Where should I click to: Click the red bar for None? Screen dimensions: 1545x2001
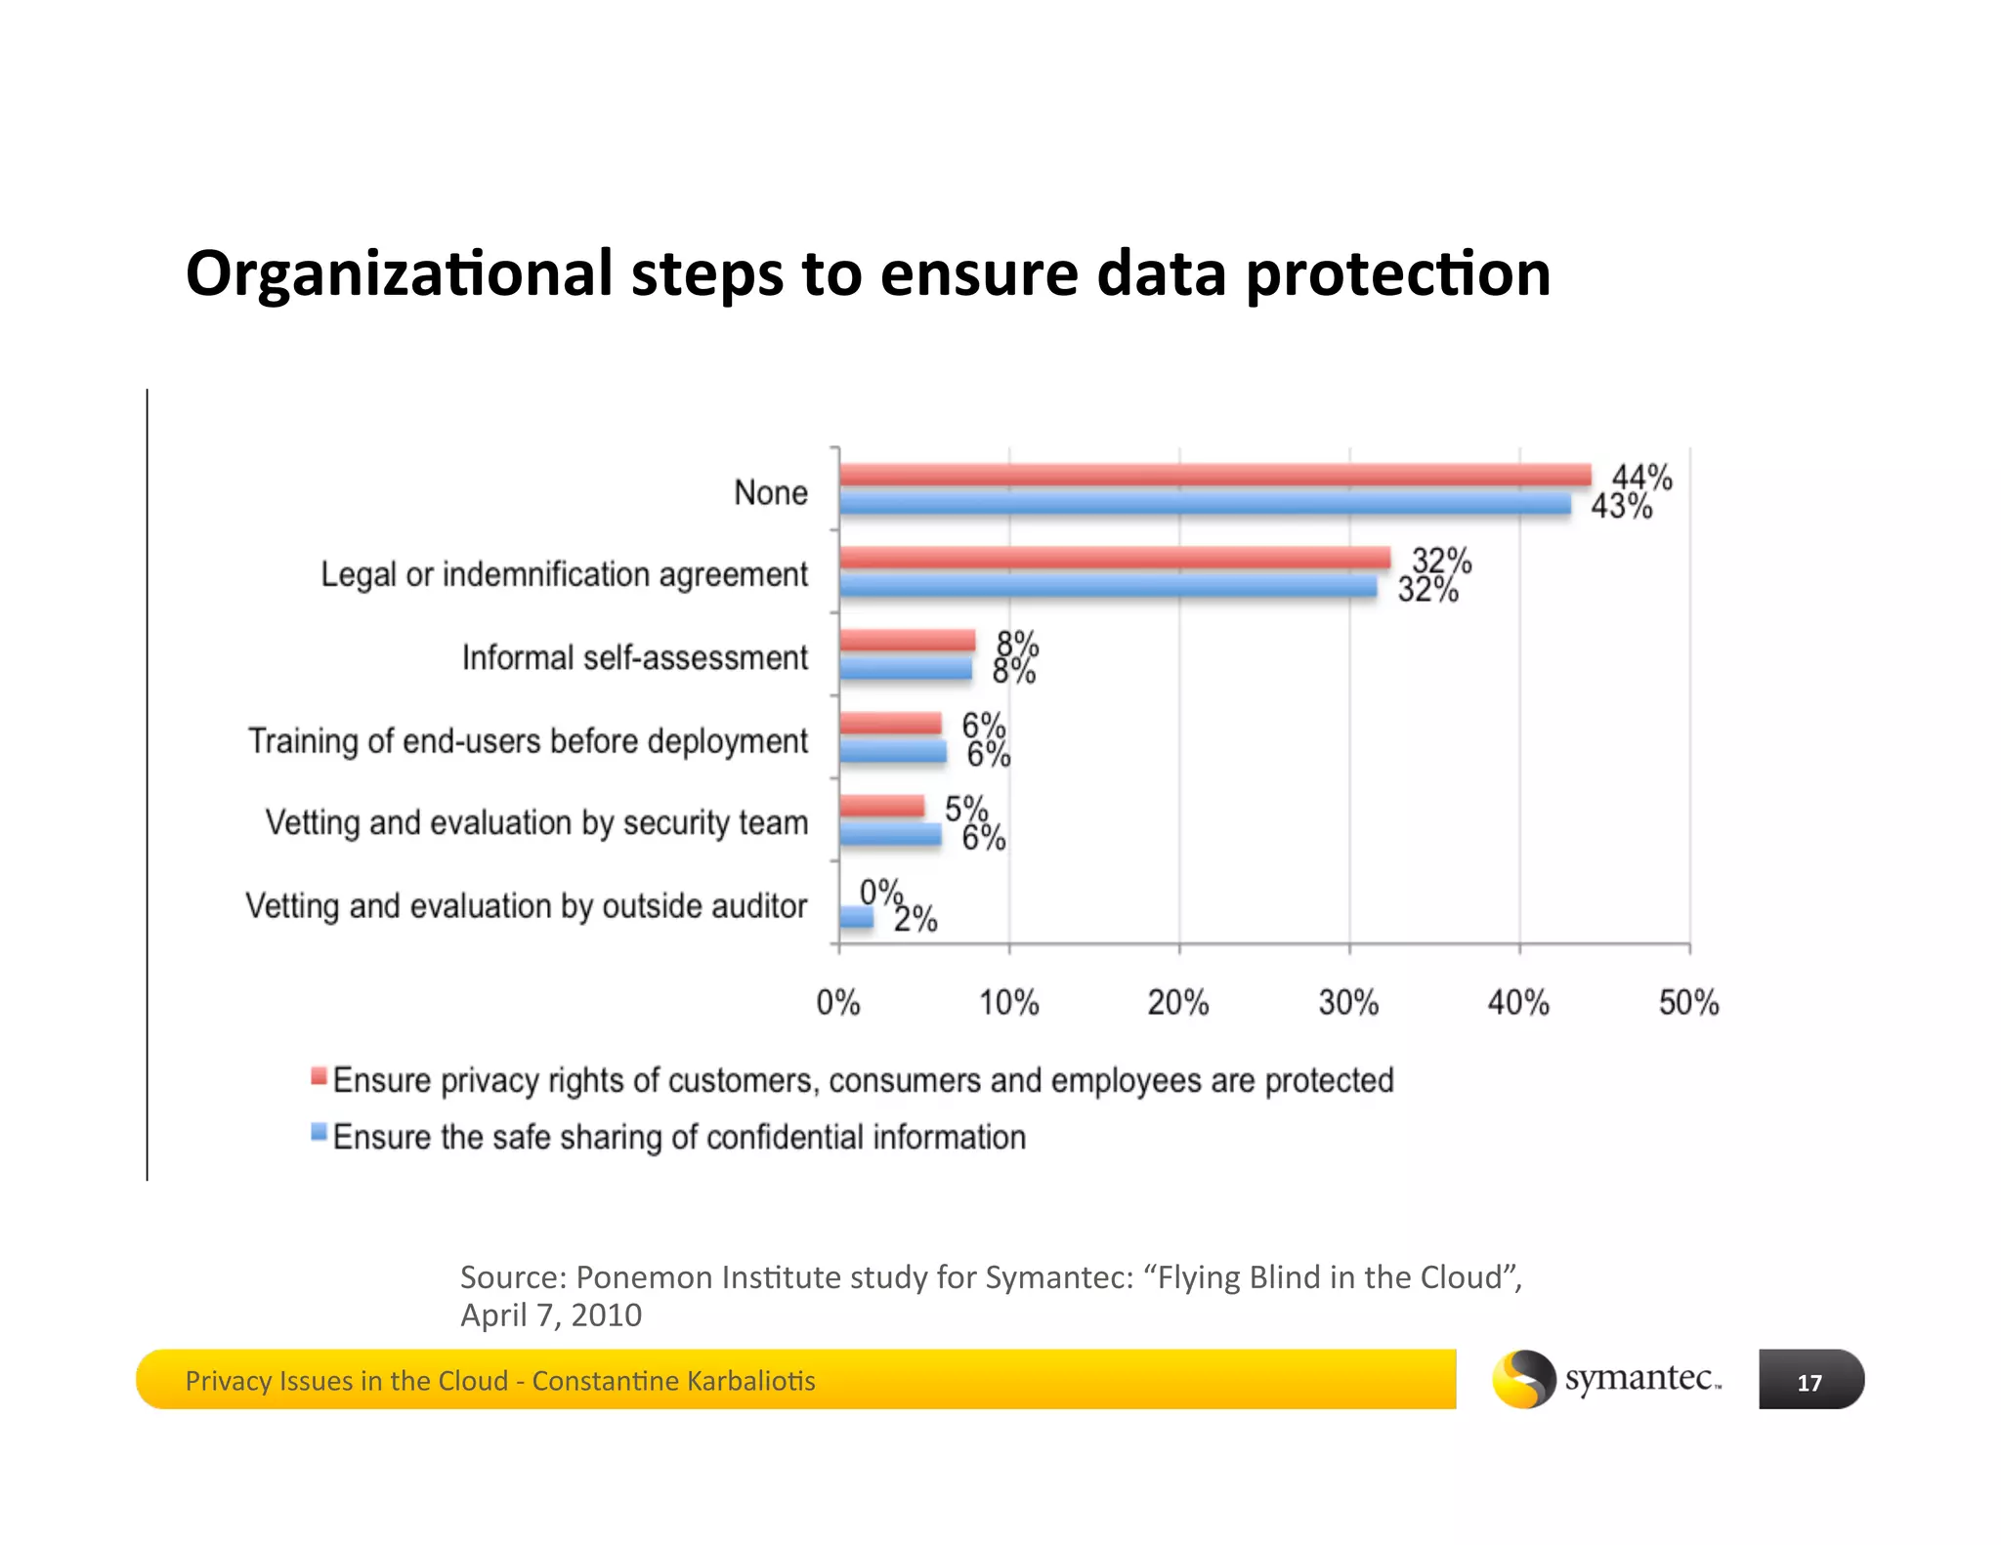[1214, 475]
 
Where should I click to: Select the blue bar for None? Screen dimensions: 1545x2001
[1205, 504]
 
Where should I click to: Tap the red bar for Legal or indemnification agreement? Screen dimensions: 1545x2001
[1114, 558]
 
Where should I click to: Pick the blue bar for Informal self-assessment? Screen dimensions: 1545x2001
[906, 669]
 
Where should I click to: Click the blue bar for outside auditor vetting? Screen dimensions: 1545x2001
[856, 917]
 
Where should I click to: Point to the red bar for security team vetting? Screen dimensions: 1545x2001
[881, 806]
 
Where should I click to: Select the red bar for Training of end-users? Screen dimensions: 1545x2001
[890, 724]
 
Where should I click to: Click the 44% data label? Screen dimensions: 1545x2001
[1641, 478]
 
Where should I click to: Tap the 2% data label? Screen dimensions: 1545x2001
[915, 919]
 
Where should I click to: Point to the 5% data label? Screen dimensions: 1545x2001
[966, 809]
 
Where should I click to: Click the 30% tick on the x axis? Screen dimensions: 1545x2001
[1348, 1002]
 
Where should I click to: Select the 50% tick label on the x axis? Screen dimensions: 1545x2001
[1688, 1002]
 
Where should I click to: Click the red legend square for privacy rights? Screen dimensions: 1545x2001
[319, 1076]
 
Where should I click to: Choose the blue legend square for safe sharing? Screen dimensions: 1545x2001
[319, 1133]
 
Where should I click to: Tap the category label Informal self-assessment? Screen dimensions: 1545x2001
[635, 658]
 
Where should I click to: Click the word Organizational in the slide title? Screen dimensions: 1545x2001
[400, 273]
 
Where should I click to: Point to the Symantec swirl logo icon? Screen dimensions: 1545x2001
[1523, 1379]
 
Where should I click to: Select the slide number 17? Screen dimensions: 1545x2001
[1809, 1382]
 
